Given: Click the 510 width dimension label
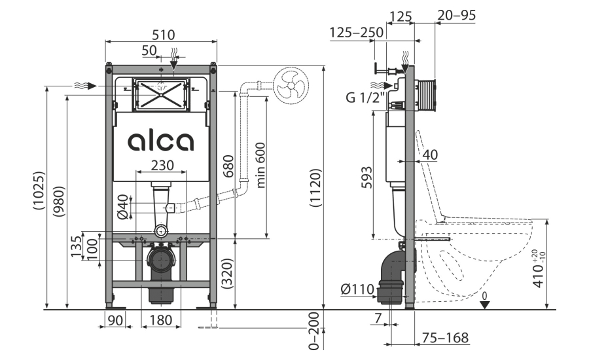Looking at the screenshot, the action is pos(163,35).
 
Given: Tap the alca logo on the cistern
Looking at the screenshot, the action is pos(161,141).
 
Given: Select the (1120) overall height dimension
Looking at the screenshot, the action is pos(315,188).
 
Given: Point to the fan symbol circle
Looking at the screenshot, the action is pos(291,85).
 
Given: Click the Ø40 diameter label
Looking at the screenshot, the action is pos(123,207).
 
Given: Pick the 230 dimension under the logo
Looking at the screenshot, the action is pos(162,165).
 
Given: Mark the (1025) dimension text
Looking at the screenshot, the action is pos(39,190).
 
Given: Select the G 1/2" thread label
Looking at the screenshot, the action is pos(365,98).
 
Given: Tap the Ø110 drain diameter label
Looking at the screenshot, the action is pos(357,289).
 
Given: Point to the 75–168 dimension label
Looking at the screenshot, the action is pos(445,338).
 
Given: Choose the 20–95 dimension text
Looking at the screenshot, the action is pos(456,15).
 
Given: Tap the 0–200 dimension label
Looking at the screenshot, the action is pos(313,331).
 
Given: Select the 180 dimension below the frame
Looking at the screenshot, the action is pos(161,320).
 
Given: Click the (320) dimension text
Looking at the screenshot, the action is pos(228,274).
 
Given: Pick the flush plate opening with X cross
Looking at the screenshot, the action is pos(161,95).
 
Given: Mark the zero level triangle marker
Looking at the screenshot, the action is pos(484,305).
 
